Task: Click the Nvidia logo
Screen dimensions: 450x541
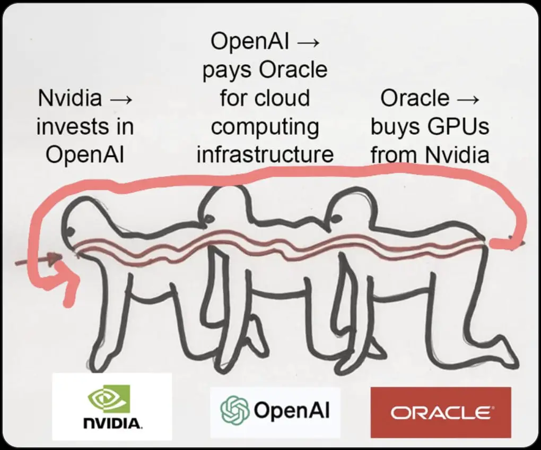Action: (x=112, y=406)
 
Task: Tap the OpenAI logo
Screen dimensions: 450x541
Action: (x=275, y=411)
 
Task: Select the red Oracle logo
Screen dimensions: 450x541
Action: (x=440, y=412)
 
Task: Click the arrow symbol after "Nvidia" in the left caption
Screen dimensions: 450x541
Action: (x=121, y=98)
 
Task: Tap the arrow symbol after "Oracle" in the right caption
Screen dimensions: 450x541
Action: (x=468, y=98)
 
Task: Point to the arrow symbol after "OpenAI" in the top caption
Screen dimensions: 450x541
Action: (x=307, y=41)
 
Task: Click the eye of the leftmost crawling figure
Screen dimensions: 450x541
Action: (x=69, y=231)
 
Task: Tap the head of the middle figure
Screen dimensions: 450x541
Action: (x=223, y=204)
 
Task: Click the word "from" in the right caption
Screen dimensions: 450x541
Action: (x=395, y=155)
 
